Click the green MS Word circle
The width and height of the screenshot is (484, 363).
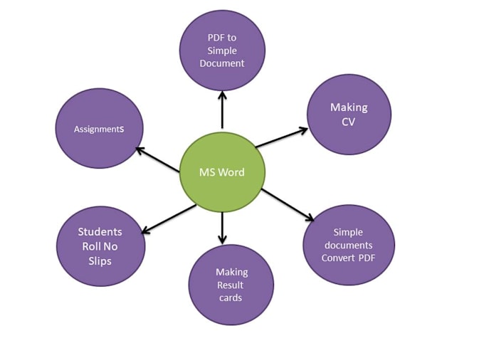(222, 172)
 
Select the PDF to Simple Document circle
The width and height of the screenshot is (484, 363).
(222, 50)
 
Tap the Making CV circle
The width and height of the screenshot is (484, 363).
(349, 115)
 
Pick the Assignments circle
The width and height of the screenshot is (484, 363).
(99, 129)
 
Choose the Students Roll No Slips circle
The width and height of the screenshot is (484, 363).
(100, 246)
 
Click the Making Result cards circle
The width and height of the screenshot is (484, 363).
(231, 285)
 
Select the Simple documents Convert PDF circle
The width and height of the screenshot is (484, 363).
(348, 246)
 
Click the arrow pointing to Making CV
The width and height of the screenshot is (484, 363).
(281, 138)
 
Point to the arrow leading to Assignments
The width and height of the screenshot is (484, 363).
(157, 159)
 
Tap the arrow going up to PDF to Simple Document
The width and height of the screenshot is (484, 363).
(222, 110)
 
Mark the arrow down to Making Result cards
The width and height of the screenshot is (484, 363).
(222, 228)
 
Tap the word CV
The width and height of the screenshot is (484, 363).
(349, 122)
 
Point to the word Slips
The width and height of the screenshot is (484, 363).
(100, 261)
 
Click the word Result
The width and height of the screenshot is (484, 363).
(231, 285)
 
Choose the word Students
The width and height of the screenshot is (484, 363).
(100, 232)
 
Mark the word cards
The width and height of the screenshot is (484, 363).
(231, 298)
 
